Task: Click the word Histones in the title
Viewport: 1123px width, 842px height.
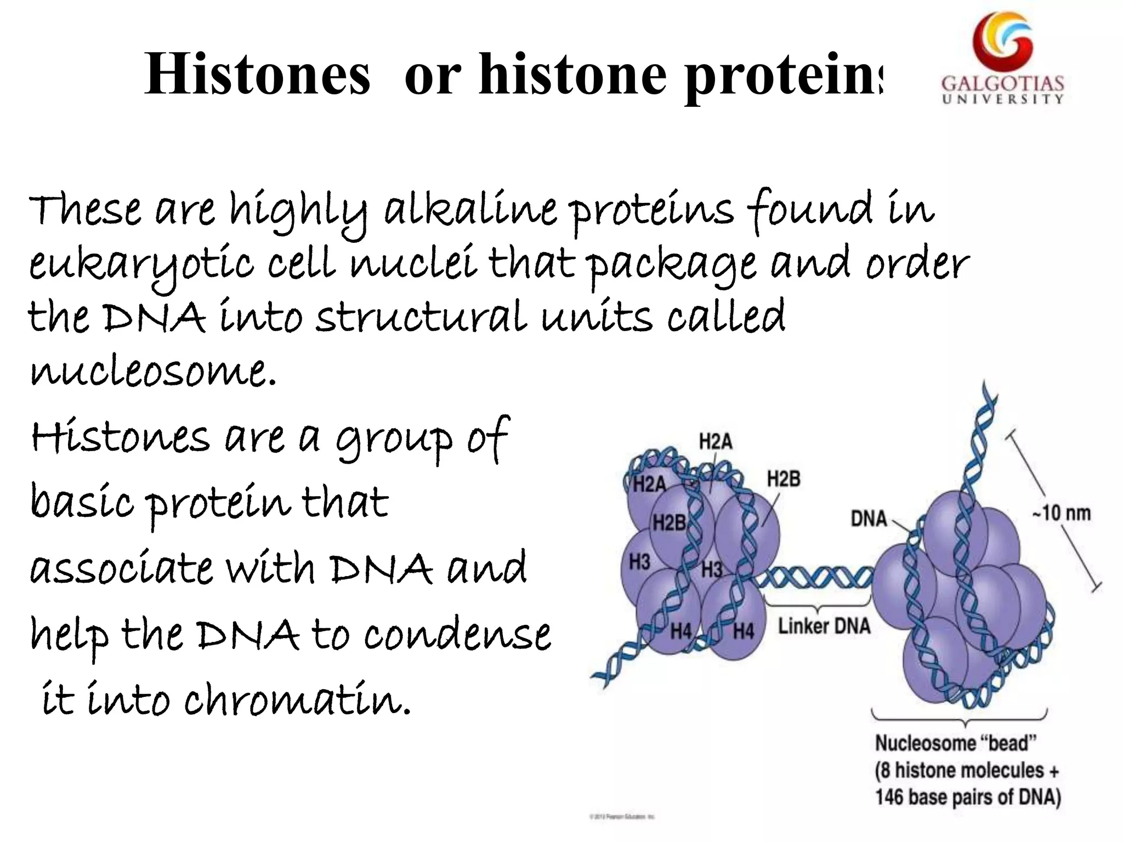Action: (x=258, y=75)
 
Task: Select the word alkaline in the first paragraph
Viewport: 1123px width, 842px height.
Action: (x=470, y=211)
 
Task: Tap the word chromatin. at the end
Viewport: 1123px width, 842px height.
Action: (x=297, y=702)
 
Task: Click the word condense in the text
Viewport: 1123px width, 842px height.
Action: (x=457, y=636)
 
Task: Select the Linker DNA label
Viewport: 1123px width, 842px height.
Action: (x=824, y=626)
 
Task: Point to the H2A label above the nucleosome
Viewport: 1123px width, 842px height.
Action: (x=715, y=441)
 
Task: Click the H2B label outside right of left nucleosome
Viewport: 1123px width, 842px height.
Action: (x=783, y=479)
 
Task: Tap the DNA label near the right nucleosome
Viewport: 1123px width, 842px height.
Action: (x=869, y=519)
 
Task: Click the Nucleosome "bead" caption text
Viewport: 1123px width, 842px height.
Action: (x=955, y=743)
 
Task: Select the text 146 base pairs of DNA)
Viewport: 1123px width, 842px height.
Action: (x=968, y=797)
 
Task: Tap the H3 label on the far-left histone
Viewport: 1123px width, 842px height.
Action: (x=639, y=562)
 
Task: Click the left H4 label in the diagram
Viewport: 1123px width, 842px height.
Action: (x=680, y=631)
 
